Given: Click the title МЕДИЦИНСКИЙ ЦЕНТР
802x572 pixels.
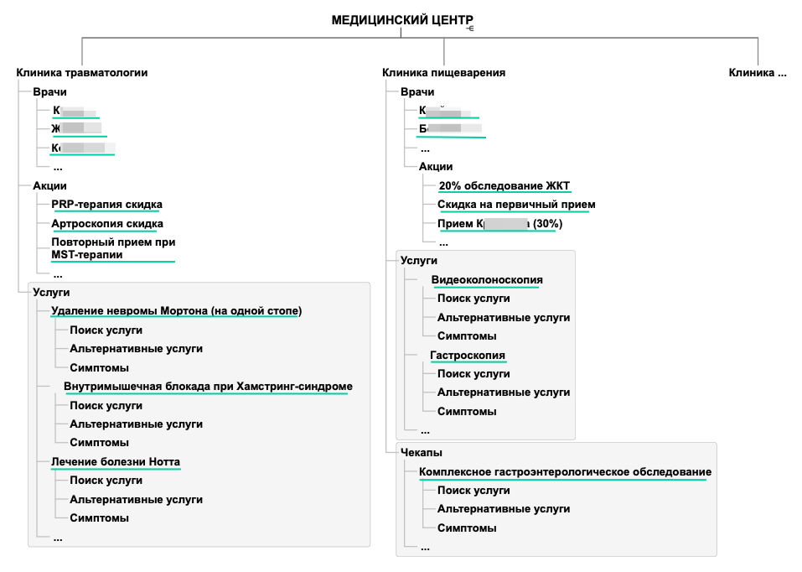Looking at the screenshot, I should pyautogui.click(x=401, y=20).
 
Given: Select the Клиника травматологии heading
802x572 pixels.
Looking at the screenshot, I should pyautogui.click(x=82, y=73).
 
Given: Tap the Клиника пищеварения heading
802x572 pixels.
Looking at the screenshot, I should pyautogui.click(x=443, y=73).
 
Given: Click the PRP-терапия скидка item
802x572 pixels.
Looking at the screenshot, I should pyautogui.click(x=107, y=205).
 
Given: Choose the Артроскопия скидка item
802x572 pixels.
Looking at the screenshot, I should pyautogui.click(x=107, y=224).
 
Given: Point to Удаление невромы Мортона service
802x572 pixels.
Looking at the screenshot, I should pyautogui.click(x=176, y=311).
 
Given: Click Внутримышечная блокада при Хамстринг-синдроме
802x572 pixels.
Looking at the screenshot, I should pyautogui.click(x=208, y=387).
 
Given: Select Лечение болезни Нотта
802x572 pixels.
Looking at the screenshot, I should pyautogui.click(x=116, y=462).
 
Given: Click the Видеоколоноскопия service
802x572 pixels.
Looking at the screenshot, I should pyautogui.click(x=487, y=280).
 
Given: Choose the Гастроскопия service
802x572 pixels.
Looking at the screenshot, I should pyautogui.click(x=468, y=356).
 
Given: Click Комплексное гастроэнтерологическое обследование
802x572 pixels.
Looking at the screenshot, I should pyautogui.click(x=565, y=472).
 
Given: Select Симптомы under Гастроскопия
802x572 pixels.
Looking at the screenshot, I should pyautogui.click(x=467, y=412).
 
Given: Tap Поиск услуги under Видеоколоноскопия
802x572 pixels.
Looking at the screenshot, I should pyautogui.click(x=473, y=299).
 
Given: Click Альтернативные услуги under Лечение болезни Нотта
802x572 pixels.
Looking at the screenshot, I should pyautogui.click(x=136, y=500).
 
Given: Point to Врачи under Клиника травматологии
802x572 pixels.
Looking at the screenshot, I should pyautogui.click(x=49, y=92).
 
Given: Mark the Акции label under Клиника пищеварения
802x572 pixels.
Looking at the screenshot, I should pyautogui.click(x=436, y=167).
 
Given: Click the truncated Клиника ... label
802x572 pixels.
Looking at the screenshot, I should pyautogui.click(x=758, y=73).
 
